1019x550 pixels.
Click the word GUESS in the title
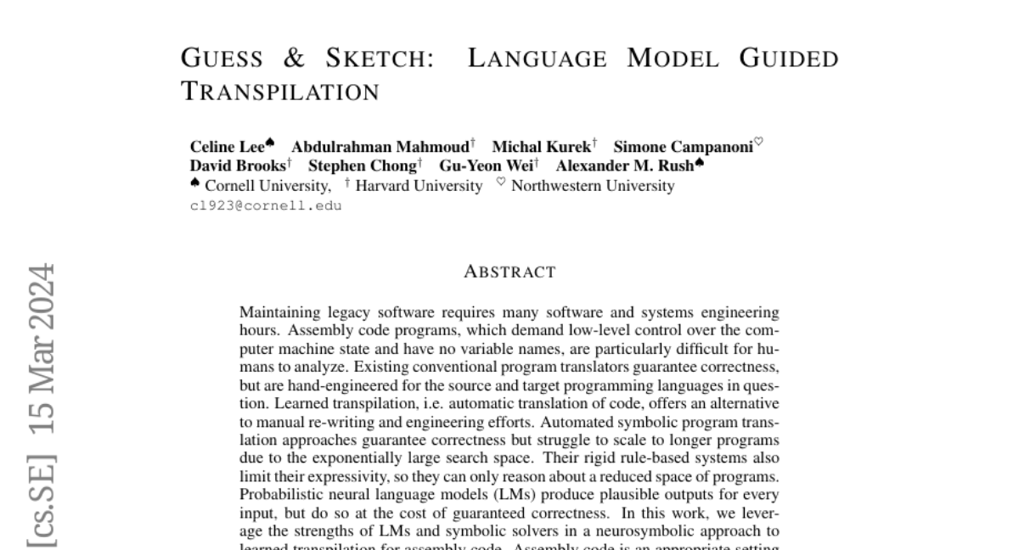click(x=222, y=59)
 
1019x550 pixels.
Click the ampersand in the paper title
click(x=295, y=59)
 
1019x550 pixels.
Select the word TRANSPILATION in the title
click(x=281, y=92)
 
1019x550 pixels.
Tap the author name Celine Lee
click(x=228, y=147)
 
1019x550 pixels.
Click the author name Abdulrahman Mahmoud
click(x=380, y=147)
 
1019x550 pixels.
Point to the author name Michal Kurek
click(x=541, y=147)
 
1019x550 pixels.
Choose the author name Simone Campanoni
click(x=683, y=147)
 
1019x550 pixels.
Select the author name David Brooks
click(x=238, y=166)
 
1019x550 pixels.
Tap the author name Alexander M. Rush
click(x=624, y=166)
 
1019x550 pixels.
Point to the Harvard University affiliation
click(x=418, y=186)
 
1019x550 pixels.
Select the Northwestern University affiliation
click(x=592, y=186)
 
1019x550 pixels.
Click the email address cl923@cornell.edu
click(x=266, y=205)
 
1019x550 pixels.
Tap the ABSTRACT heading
click(x=509, y=272)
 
